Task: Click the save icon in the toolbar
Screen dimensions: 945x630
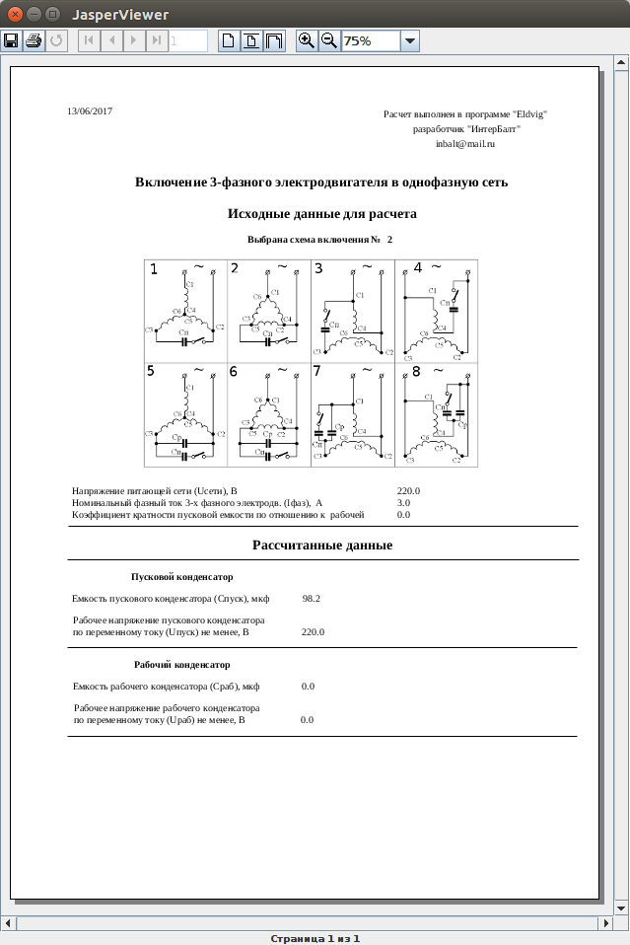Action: [x=12, y=40]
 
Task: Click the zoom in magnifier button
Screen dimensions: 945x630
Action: [x=307, y=40]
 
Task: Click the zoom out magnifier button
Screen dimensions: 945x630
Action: [x=328, y=40]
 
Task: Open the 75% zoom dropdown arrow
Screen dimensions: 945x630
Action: [x=410, y=40]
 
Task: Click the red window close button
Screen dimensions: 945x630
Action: [x=13, y=14]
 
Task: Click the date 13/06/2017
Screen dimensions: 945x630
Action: [x=90, y=111]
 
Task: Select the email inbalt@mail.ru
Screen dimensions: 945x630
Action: [x=464, y=144]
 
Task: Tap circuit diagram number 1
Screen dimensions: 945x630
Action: [x=185, y=310]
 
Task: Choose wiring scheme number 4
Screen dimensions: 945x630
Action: [x=436, y=310]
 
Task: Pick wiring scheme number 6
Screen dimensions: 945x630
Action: [x=269, y=414]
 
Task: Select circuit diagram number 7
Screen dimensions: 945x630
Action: [x=353, y=414]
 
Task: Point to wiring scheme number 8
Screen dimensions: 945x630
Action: [x=436, y=414]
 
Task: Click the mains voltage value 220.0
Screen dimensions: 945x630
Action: [x=409, y=490]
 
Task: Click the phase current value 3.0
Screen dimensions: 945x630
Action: [x=403, y=503]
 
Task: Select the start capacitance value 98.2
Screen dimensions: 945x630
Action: [x=312, y=599]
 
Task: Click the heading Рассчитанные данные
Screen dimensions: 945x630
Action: [x=322, y=545]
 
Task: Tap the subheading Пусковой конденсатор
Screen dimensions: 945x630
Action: [x=181, y=577]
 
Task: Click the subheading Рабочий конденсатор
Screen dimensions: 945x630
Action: [x=181, y=665]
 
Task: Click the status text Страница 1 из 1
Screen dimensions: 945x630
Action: [x=315, y=938]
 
